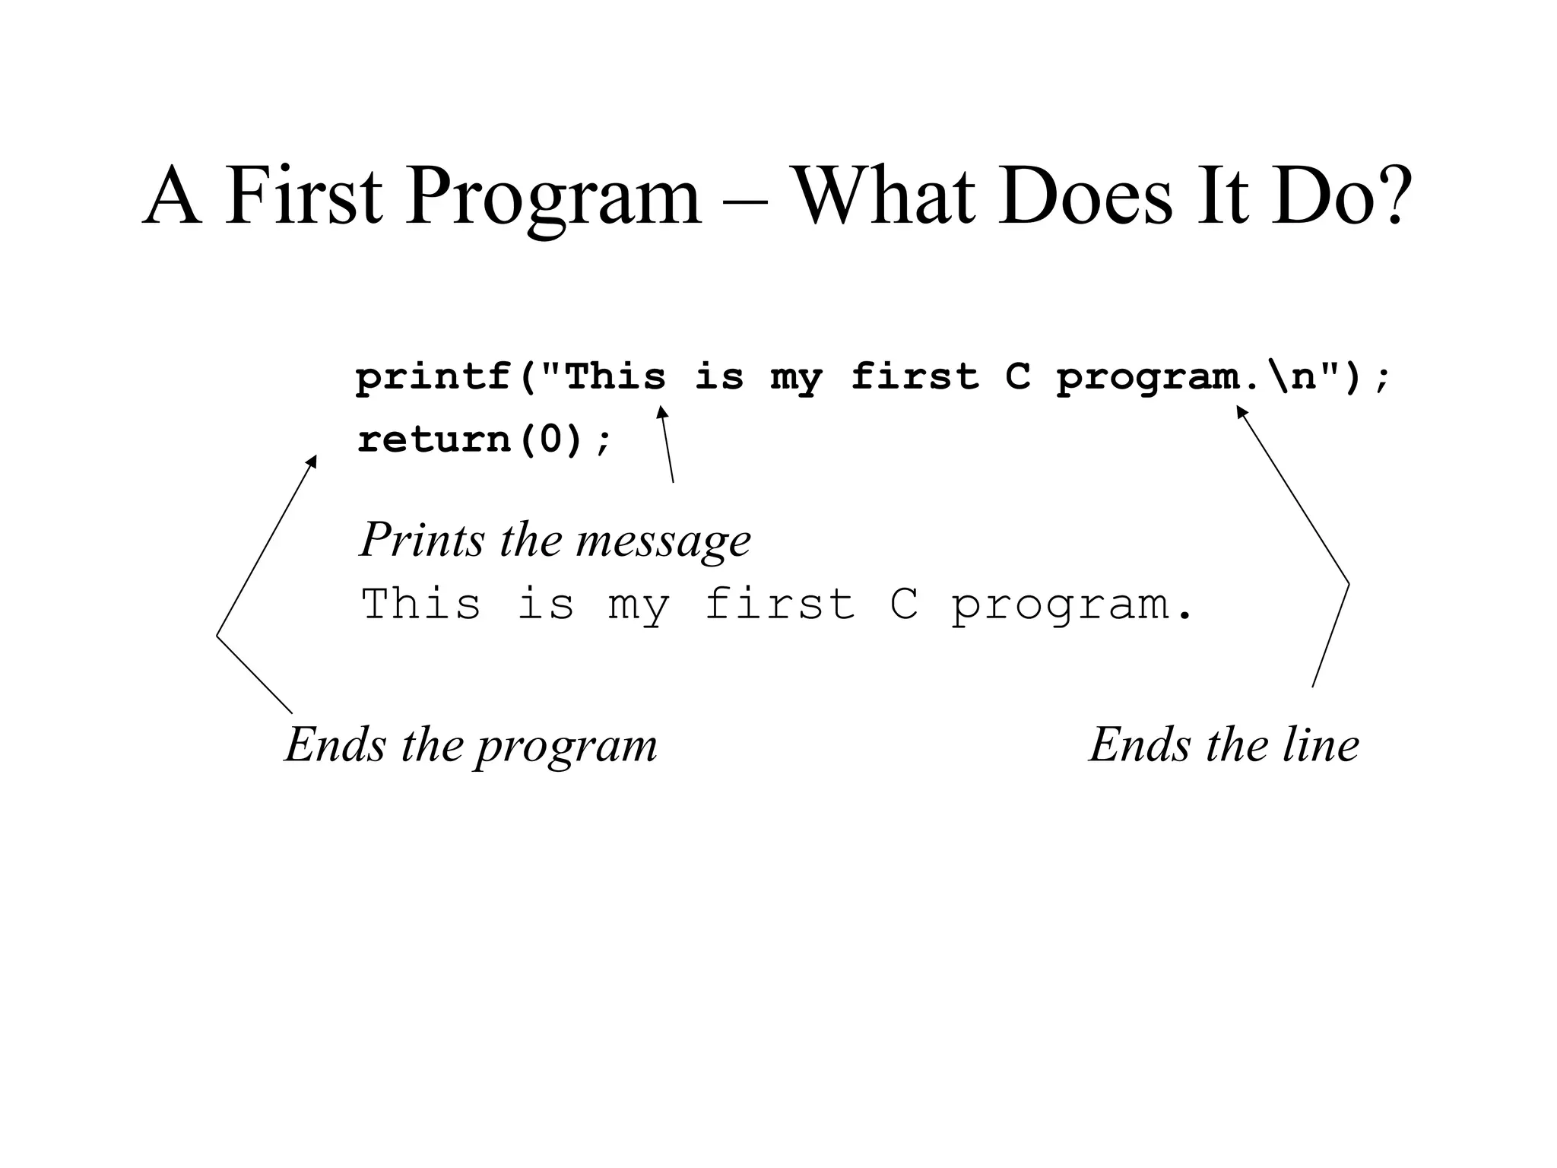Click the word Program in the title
(553, 196)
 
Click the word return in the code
(433, 440)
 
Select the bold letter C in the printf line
(1018, 378)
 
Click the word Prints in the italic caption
(422, 540)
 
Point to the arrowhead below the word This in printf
(661, 411)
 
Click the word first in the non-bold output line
(779, 605)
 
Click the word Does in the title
(1086, 196)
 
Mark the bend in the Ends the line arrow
(1349, 584)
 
